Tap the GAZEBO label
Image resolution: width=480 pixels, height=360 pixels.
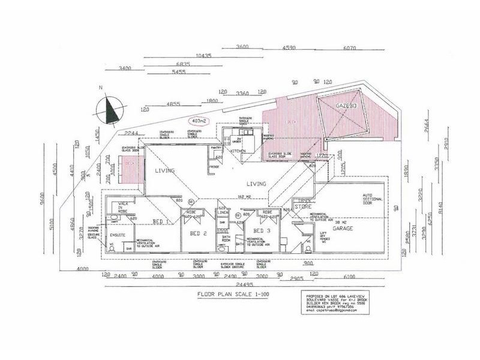(x=346, y=106)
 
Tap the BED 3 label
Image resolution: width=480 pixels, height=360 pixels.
(x=262, y=230)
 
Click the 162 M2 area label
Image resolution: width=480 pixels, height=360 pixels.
(x=243, y=196)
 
